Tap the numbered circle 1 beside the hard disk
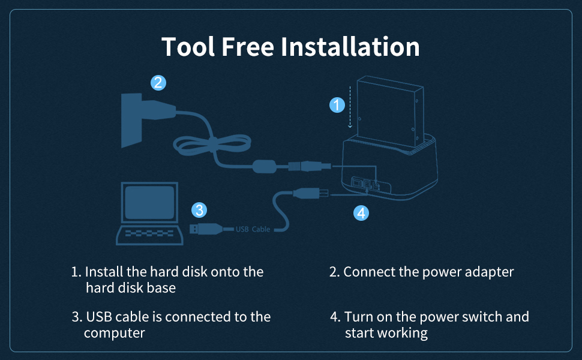(x=338, y=105)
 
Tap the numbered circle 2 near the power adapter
(x=158, y=83)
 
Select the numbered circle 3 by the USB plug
(x=200, y=210)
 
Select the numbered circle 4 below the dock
(x=361, y=212)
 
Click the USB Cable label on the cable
(x=253, y=229)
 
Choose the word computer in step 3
(x=115, y=333)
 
